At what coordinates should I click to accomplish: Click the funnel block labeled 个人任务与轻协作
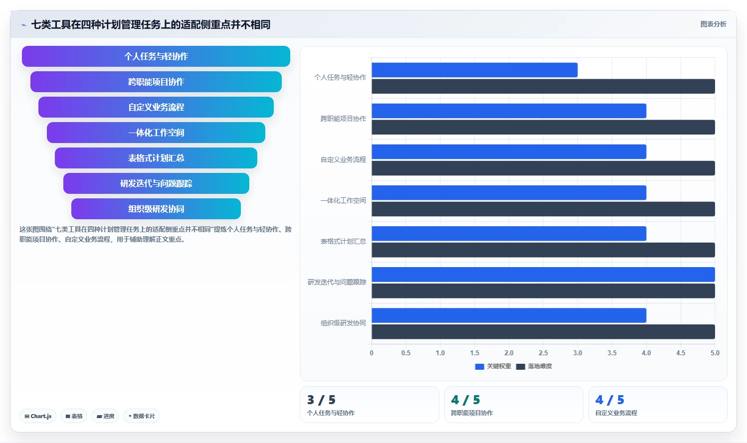(x=156, y=56)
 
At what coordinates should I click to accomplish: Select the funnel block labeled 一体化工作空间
(x=156, y=133)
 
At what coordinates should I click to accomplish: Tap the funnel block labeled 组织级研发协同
(x=156, y=209)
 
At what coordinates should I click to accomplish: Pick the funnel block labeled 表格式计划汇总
(x=156, y=158)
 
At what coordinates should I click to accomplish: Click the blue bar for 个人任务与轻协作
(x=475, y=70)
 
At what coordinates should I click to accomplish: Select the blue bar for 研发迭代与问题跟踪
(x=543, y=275)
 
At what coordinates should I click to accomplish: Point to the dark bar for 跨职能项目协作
(x=543, y=128)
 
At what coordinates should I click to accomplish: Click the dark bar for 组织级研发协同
(x=543, y=332)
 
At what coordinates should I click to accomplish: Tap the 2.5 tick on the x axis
(x=543, y=353)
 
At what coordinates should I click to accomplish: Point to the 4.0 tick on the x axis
(x=646, y=353)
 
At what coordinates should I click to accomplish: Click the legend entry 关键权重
(x=493, y=366)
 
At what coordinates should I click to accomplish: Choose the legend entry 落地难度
(x=534, y=366)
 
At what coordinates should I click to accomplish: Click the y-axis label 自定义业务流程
(x=343, y=159)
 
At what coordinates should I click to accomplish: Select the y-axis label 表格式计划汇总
(x=343, y=241)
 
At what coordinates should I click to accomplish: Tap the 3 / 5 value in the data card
(x=321, y=400)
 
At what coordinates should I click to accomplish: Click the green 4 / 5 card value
(x=465, y=400)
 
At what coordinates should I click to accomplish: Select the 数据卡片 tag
(x=142, y=416)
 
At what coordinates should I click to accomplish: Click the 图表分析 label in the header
(x=713, y=24)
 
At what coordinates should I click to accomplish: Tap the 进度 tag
(x=105, y=416)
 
